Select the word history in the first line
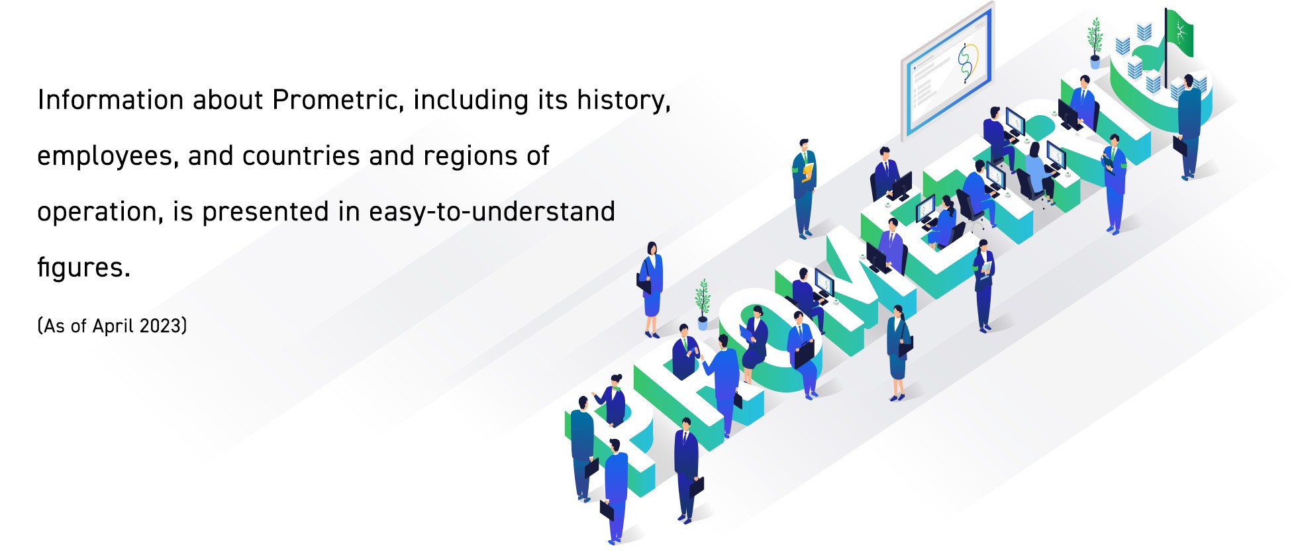click(x=623, y=101)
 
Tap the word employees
click(x=107, y=157)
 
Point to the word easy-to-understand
click(x=491, y=212)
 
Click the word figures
click(x=83, y=268)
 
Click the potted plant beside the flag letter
click(x=1095, y=43)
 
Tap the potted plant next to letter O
click(x=703, y=304)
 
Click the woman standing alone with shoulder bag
click(x=651, y=288)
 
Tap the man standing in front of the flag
click(x=1189, y=126)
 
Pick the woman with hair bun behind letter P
click(x=614, y=400)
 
